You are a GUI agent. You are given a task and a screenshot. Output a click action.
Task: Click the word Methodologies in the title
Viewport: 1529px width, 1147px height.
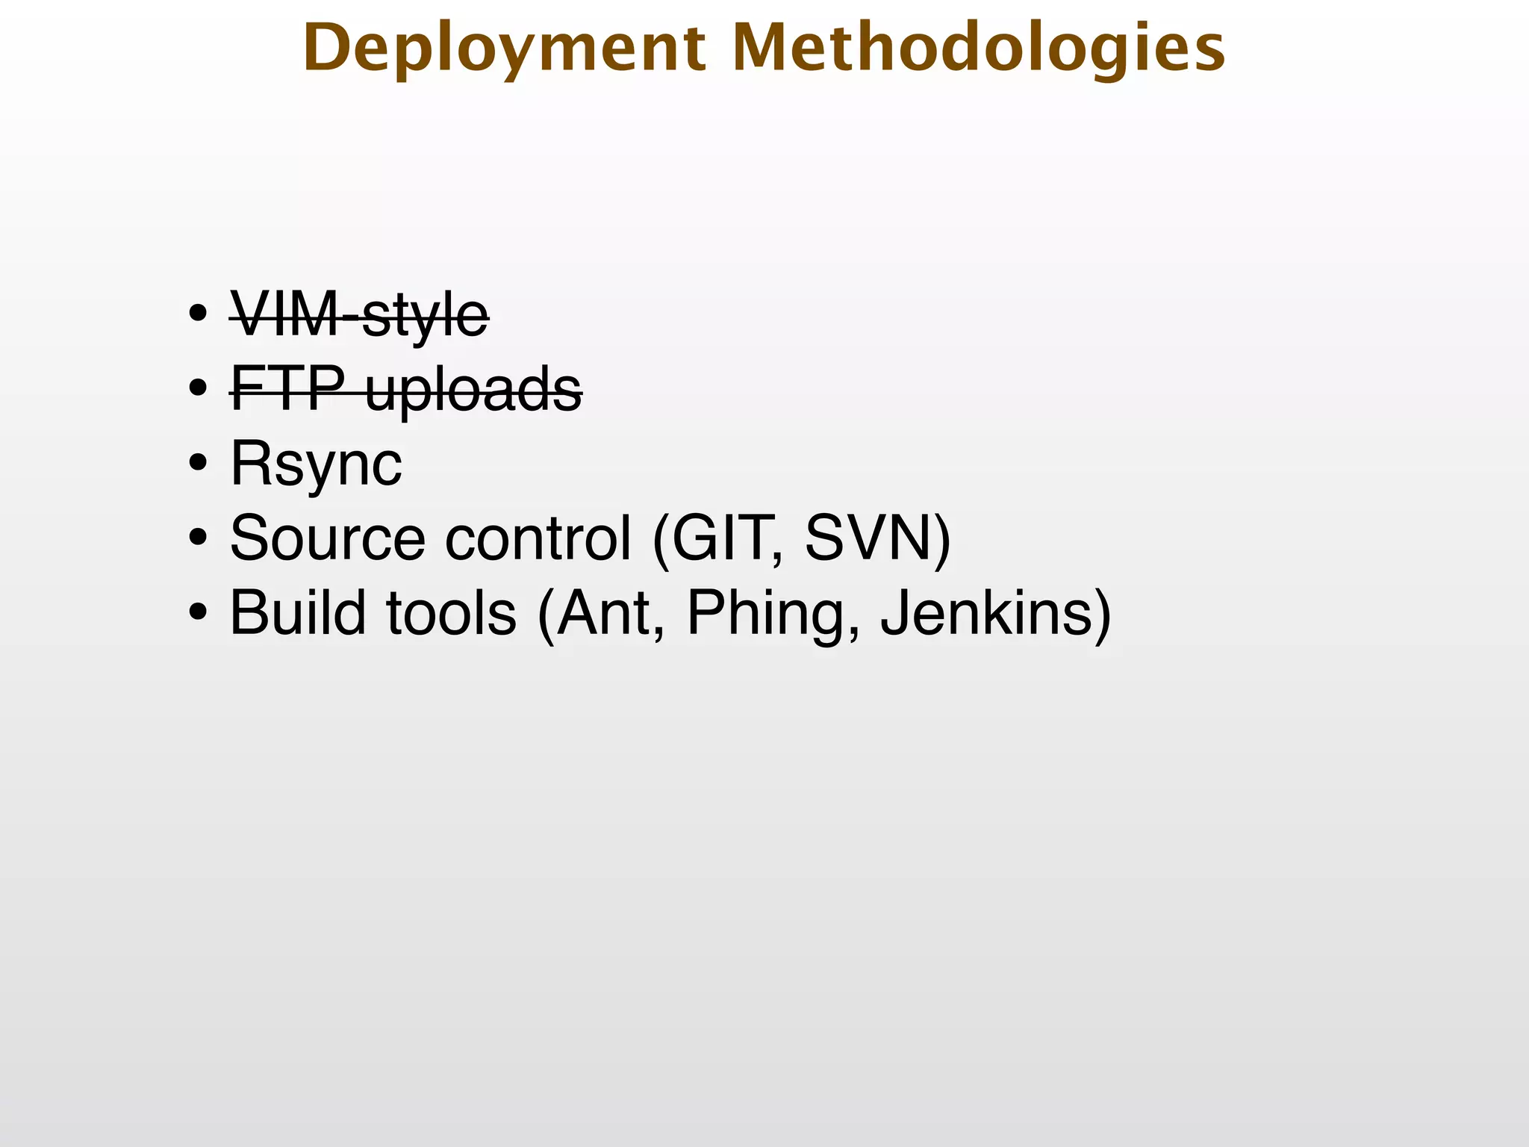point(979,49)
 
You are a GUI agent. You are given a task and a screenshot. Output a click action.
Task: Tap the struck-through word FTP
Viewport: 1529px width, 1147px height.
point(287,389)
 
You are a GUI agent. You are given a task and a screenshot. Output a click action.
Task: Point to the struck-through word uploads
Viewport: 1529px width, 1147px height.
point(473,390)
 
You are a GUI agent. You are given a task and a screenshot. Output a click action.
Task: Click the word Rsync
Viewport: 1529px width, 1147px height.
point(316,464)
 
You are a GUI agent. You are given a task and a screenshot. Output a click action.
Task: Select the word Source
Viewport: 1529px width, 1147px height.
point(327,538)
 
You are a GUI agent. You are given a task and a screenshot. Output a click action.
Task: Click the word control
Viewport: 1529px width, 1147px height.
point(538,538)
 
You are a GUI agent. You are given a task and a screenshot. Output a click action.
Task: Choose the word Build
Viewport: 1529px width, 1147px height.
point(298,613)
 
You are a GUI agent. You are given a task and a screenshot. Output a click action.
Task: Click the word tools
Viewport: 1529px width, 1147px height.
point(451,613)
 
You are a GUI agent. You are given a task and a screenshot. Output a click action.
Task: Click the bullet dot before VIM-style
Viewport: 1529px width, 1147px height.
point(198,314)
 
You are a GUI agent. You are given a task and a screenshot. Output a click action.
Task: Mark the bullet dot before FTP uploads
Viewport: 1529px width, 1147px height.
point(198,388)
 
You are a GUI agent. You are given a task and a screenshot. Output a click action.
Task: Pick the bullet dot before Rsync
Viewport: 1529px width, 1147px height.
point(198,463)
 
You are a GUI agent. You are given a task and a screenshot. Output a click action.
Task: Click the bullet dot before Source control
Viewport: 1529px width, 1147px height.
point(198,538)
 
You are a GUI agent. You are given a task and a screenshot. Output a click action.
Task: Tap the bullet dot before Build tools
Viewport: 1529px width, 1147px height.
point(198,612)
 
